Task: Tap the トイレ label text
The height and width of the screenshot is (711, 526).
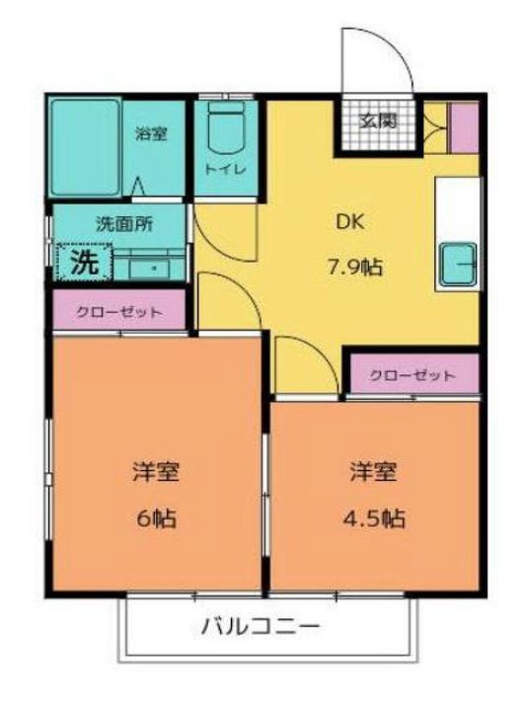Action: coord(226,169)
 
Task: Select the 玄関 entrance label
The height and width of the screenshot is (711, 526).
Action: coord(377,121)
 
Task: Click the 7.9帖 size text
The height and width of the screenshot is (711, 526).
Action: coord(356,267)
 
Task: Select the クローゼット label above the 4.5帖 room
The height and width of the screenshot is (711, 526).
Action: coord(413,375)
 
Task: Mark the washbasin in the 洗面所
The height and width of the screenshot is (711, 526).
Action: coord(153,267)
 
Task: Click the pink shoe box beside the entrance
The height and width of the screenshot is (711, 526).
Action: coord(463,126)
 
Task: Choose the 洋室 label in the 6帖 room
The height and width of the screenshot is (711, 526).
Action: coord(155,471)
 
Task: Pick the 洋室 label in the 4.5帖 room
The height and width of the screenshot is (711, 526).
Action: coord(373,471)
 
